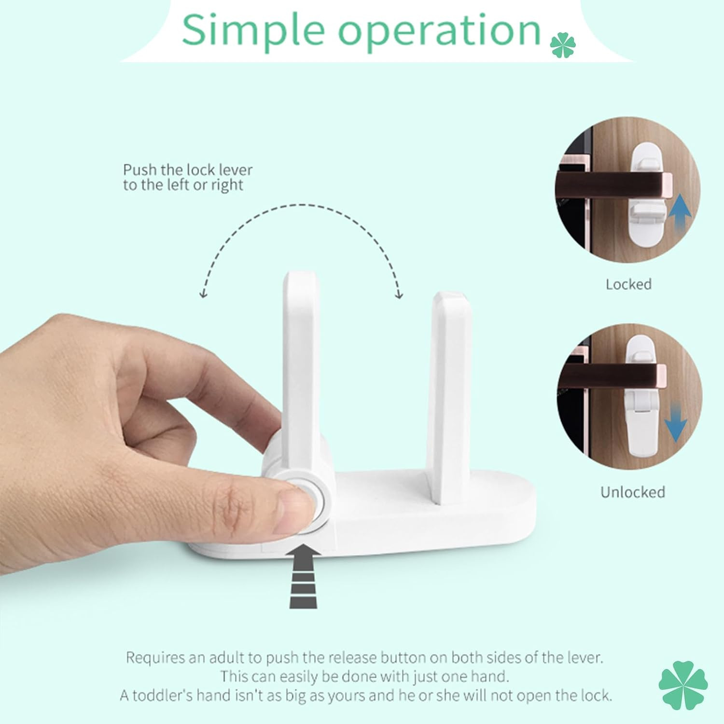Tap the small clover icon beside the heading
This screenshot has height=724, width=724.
pyautogui.click(x=563, y=45)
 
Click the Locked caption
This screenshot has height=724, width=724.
pyautogui.click(x=628, y=284)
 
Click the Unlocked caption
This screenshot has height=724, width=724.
pyautogui.click(x=632, y=492)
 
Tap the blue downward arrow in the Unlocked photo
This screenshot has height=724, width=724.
pyautogui.click(x=676, y=419)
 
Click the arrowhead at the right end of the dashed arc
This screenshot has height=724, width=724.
pyautogui.click(x=398, y=293)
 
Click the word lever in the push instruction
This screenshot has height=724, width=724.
pyautogui.click(x=236, y=170)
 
